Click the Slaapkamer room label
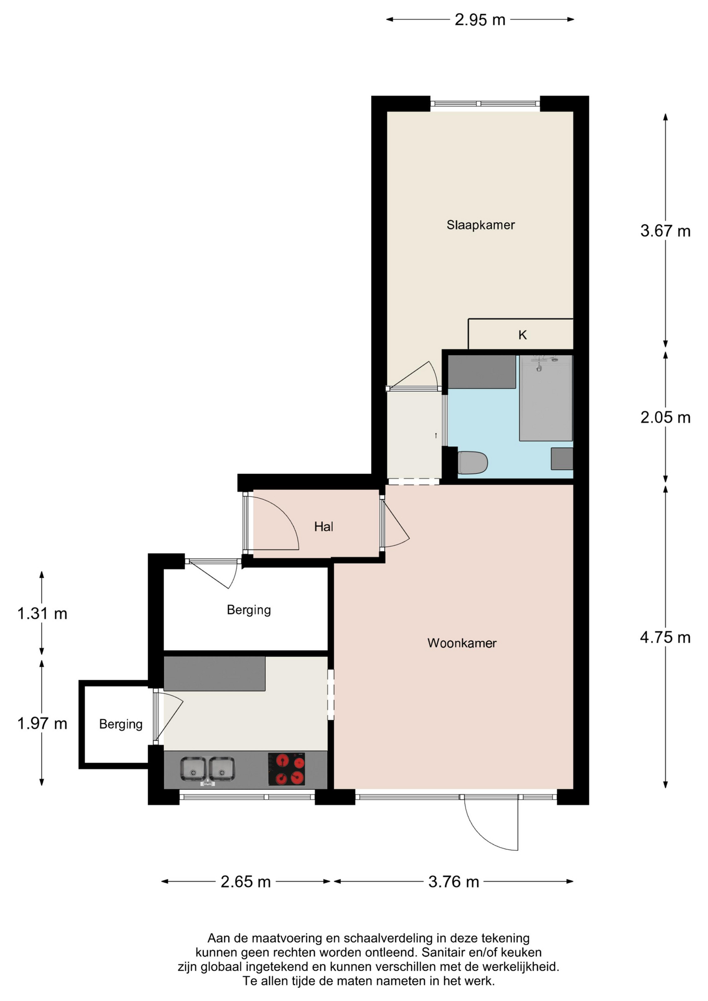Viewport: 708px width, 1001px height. tap(480, 225)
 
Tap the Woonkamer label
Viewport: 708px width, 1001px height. tap(461, 643)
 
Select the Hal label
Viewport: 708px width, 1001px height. tap(323, 527)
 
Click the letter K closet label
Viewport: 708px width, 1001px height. tap(522, 335)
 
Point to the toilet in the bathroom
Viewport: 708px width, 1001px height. tap(472, 462)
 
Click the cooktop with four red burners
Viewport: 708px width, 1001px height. tap(286, 769)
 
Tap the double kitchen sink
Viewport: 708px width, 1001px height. tap(207, 770)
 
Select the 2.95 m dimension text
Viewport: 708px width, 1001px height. tap(480, 20)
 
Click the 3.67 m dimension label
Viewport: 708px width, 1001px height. tap(665, 231)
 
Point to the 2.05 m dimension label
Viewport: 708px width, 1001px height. tap(665, 418)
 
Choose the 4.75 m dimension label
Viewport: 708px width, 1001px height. tap(665, 637)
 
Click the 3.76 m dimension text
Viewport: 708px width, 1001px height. tap(453, 882)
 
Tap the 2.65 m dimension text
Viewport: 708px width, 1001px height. tap(246, 882)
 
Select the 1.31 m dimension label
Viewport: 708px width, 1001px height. tap(42, 614)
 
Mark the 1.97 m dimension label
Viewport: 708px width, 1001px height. tap(42, 724)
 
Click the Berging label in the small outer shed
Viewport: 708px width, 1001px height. tap(120, 724)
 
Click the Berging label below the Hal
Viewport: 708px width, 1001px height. tap(249, 610)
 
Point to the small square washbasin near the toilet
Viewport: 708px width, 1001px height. tap(561, 459)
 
